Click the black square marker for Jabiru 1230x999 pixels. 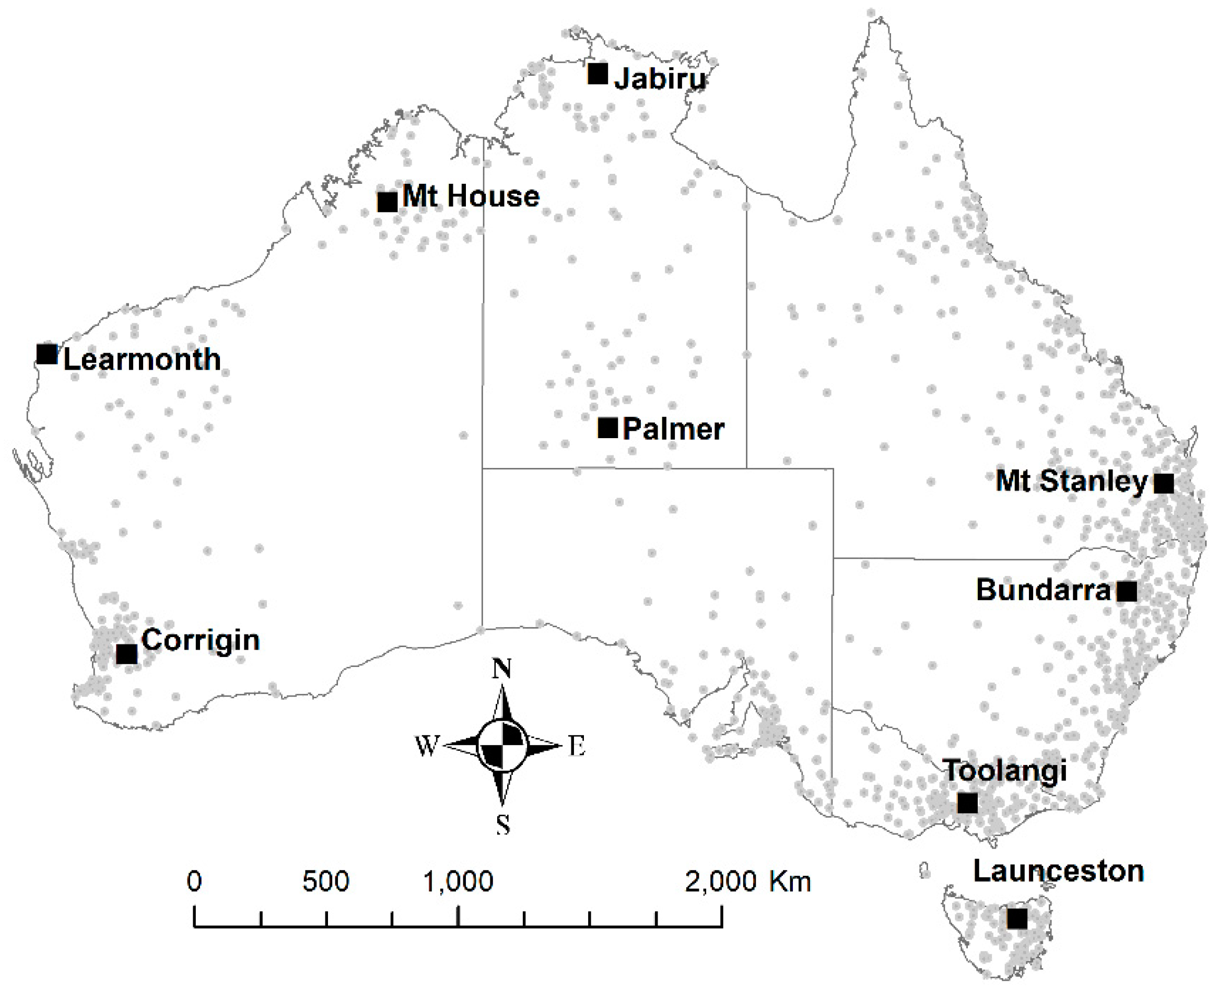point(598,74)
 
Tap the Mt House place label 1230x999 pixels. point(471,196)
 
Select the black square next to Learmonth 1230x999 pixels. point(47,354)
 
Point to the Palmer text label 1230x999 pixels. point(673,429)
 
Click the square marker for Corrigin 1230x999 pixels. point(126,654)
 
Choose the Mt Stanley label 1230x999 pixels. point(1071,481)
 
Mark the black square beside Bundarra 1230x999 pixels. point(1127,591)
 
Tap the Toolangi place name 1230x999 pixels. point(1005,771)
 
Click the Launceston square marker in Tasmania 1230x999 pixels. point(1017,919)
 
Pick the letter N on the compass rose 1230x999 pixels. point(502,668)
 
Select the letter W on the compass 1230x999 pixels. point(427,746)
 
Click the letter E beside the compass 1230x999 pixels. point(577,747)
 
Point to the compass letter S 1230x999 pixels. point(502,825)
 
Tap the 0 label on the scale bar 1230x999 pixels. point(194,881)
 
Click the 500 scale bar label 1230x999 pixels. point(326,881)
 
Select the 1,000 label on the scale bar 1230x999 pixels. point(458,881)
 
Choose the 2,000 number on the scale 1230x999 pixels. point(721,881)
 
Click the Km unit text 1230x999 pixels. point(790,881)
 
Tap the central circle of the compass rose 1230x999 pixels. point(502,746)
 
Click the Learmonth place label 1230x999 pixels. point(142,360)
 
